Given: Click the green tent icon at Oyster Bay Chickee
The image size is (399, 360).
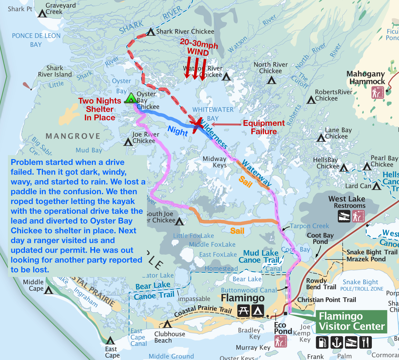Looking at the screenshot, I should [131, 98].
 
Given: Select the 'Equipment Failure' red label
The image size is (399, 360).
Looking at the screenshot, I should [264, 127].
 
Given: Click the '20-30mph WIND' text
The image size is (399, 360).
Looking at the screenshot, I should [199, 48].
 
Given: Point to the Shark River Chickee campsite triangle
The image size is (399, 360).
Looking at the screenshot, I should [151, 32].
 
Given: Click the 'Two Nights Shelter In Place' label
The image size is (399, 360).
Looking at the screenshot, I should [100, 109].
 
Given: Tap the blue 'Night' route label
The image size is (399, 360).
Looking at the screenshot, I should [178, 131].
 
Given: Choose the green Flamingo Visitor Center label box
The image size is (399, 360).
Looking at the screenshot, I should [351, 322].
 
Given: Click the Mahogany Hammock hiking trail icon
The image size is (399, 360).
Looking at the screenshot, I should [377, 93].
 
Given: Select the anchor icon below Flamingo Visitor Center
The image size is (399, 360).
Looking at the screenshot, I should [336, 342].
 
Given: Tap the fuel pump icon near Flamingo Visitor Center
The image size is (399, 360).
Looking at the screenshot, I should [322, 342].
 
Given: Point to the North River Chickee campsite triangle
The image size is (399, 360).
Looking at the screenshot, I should [271, 80].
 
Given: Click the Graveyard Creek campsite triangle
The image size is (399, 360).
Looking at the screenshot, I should [42, 14].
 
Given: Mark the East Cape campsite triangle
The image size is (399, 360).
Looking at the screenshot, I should [110, 340].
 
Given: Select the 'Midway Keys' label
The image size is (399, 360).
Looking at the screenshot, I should [215, 162].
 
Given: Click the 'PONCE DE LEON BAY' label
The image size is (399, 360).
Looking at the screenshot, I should [36, 40].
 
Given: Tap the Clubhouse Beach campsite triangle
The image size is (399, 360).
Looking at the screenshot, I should [167, 324].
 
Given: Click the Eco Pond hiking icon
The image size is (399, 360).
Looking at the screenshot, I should [280, 341].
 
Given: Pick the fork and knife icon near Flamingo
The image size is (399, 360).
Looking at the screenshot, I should [365, 342].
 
